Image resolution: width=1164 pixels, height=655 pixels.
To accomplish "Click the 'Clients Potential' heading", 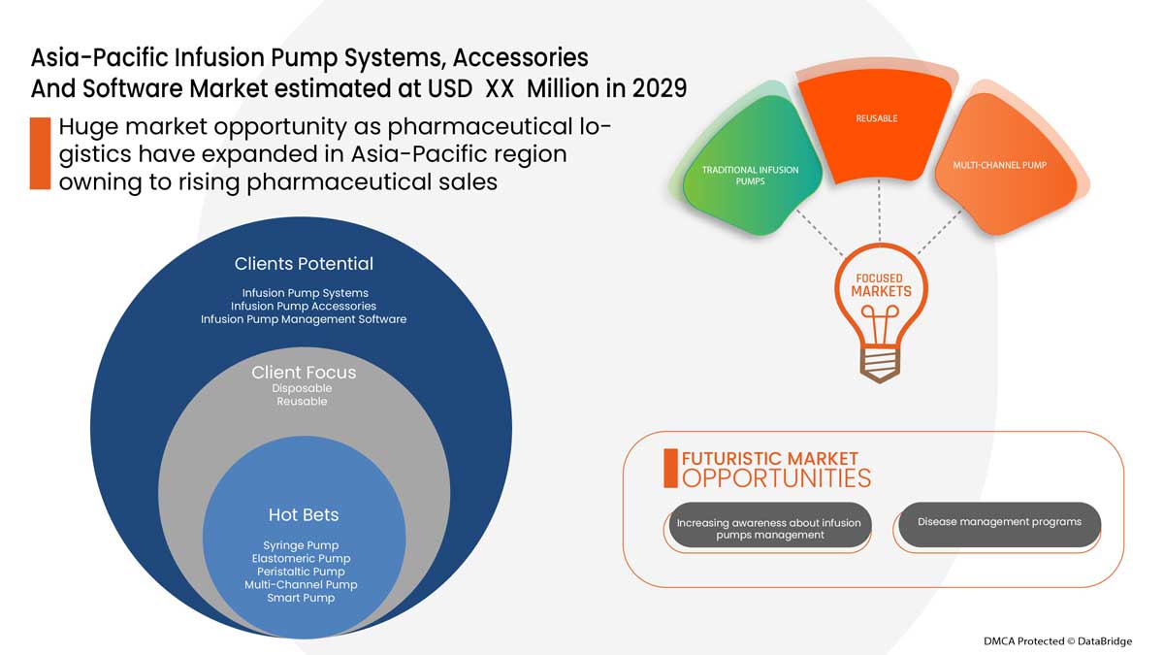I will (x=304, y=264).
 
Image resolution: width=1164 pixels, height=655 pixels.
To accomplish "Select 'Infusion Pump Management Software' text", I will (x=304, y=319).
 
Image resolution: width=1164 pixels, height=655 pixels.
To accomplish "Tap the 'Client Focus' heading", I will (x=304, y=373).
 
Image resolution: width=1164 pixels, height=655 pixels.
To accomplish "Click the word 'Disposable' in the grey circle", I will (x=302, y=388).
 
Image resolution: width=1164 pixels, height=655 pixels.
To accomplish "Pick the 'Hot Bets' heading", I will (x=304, y=515).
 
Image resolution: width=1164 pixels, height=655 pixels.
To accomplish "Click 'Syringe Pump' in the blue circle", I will (x=301, y=545).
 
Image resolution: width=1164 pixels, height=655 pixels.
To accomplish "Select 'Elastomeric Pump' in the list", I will (x=301, y=559).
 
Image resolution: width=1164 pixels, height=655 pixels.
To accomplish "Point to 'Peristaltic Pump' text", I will (x=301, y=572).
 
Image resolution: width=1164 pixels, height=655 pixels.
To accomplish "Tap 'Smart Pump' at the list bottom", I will (x=301, y=598).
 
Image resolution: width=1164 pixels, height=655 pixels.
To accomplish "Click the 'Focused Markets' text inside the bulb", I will (x=881, y=285).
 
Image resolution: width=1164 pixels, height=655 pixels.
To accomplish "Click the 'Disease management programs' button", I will (x=999, y=522).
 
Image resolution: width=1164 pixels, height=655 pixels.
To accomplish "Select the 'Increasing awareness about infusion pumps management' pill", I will (x=768, y=529).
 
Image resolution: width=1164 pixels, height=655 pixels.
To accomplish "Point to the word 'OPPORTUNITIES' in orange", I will (x=776, y=478).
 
